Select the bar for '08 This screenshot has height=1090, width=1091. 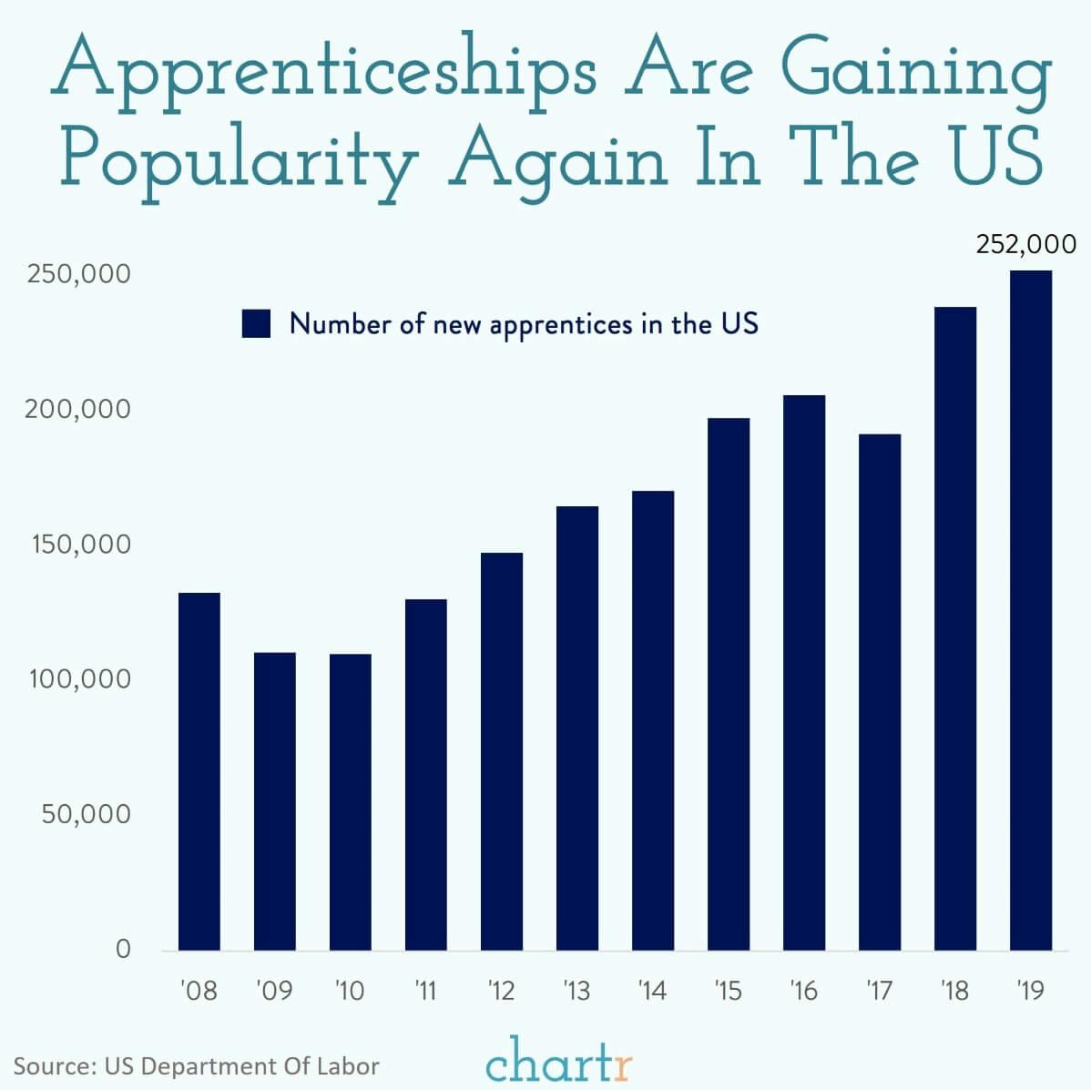pos(199,771)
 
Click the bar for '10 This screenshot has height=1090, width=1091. pos(350,801)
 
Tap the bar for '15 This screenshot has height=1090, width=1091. pos(729,684)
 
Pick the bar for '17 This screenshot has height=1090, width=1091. pos(880,692)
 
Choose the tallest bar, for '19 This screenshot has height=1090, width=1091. pos(1031,610)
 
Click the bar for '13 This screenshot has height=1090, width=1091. pos(577,728)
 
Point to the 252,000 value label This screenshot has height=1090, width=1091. pos(1025,245)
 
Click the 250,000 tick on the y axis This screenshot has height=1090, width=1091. pos(78,274)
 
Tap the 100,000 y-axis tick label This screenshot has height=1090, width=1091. pos(78,679)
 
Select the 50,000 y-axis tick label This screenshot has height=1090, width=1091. pos(86,814)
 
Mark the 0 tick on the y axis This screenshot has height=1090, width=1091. pos(123,949)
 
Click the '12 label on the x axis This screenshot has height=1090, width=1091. pos(501,990)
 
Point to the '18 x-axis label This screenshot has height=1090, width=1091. pos(954,990)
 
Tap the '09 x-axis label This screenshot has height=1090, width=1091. pos(274,990)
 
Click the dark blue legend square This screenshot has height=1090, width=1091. pos(257,324)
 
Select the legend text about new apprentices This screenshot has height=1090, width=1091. pos(524,324)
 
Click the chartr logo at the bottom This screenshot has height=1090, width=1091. pos(558,1062)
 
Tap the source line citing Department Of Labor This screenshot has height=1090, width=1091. pos(196,1066)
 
